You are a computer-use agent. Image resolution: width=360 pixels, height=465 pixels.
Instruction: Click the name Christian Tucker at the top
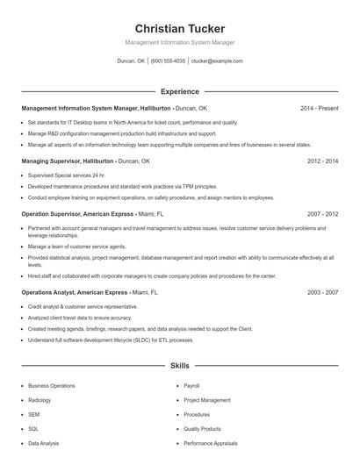[179, 28]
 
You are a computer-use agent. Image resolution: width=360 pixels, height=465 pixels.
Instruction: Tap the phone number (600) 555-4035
[168, 61]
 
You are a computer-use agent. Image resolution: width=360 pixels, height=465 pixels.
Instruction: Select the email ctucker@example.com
[217, 61]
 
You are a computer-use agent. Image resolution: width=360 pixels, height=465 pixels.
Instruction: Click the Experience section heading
[179, 91]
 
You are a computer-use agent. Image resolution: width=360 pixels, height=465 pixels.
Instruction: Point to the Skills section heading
[179, 365]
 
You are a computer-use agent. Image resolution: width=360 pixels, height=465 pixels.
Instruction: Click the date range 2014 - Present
[319, 108]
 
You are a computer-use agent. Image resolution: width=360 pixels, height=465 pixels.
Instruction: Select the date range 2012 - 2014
[322, 161]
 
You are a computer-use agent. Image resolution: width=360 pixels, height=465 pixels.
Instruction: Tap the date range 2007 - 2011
[322, 214]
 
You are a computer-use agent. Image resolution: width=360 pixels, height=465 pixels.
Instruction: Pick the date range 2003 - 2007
[322, 291]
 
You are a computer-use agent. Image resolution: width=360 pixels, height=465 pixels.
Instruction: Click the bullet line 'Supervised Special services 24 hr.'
[67, 175]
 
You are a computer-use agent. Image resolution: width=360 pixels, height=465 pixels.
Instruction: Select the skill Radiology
[40, 400]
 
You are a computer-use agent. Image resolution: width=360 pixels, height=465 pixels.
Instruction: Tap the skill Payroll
[192, 385]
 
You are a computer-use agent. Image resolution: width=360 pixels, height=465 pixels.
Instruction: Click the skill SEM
[33, 414]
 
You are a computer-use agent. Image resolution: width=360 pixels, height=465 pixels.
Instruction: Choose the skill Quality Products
[203, 429]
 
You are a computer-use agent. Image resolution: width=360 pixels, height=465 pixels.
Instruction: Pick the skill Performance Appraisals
[211, 444]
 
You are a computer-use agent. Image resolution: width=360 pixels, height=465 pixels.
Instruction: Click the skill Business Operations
[51, 385]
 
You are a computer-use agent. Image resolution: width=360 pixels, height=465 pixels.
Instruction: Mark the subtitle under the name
[179, 42]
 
